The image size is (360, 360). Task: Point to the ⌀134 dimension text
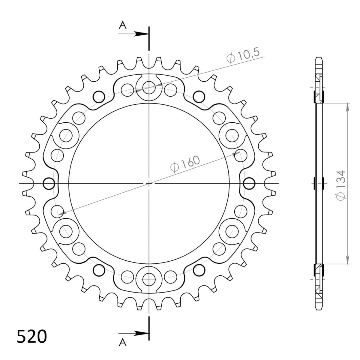(340, 184)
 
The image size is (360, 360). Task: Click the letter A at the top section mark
(122, 26)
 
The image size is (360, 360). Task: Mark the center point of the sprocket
(149, 183)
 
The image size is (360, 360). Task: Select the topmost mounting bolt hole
(149, 88)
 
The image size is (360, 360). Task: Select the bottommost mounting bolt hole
(149, 279)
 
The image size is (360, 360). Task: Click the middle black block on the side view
(319, 183)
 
